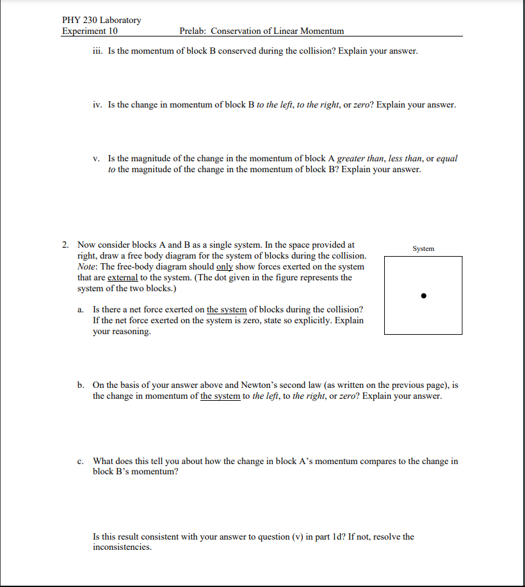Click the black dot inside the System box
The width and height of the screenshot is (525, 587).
(x=423, y=296)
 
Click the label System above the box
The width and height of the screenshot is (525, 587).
(x=423, y=248)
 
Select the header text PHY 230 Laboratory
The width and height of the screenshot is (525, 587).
(x=102, y=20)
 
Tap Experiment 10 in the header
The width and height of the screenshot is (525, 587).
(x=90, y=31)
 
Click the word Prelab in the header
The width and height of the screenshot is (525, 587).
(x=193, y=31)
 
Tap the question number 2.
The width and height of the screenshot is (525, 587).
(x=66, y=245)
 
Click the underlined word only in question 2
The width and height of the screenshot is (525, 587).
(x=225, y=266)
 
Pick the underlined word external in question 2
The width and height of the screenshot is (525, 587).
(x=123, y=277)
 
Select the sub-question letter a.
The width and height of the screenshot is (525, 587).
(x=80, y=309)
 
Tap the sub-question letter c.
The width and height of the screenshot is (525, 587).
(x=80, y=461)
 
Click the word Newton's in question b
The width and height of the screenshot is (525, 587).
(x=260, y=385)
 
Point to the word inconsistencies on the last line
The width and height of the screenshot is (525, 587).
(x=122, y=547)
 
